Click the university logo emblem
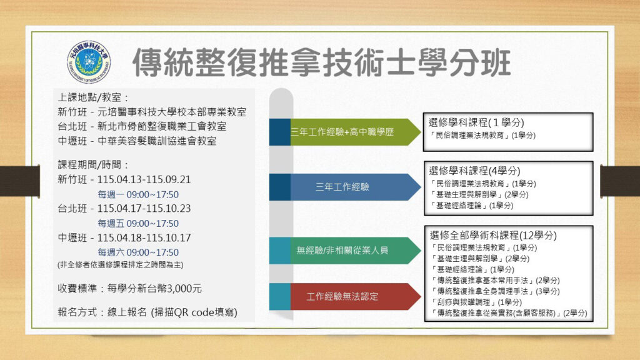89,63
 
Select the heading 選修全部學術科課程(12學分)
493,235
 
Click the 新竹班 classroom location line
151,112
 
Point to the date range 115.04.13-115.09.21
144,179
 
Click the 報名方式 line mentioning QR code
147,311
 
